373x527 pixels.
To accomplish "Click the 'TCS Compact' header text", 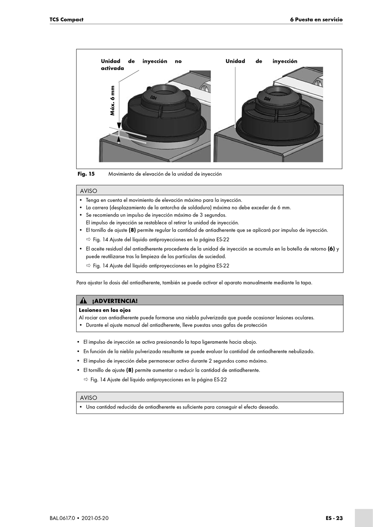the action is pyautogui.click(x=66, y=20).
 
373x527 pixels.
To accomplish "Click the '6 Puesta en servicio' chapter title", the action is pyautogui.click(x=316, y=20).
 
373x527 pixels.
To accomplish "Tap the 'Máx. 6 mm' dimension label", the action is pyautogui.click(x=113, y=100).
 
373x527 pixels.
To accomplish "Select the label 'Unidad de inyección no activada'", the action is pyautogui.click(x=141, y=65).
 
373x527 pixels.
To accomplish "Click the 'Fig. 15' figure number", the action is pyautogui.click(x=86, y=174).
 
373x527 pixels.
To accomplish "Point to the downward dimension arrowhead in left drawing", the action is pyautogui.click(x=119, y=125).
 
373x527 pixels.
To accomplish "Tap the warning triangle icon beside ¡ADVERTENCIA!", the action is pyautogui.click(x=83, y=301).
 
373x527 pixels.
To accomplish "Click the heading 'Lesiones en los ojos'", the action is pyautogui.click(x=105, y=310).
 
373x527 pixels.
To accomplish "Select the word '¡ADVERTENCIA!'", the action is pyautogui.click(x=115, y=301).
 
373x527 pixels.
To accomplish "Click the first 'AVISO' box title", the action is pyautogui.click(x=88, y=191).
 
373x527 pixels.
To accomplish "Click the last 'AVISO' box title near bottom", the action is pyautogui.click(x=88, y=398).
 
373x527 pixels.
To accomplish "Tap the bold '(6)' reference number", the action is pyautogui.click(x=331, y=249).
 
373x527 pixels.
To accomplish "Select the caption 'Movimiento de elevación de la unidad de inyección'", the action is pyautogui.click(x=165, y=174).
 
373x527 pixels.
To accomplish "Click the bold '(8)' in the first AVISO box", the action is pyautogui.click(x=132, y=230).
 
